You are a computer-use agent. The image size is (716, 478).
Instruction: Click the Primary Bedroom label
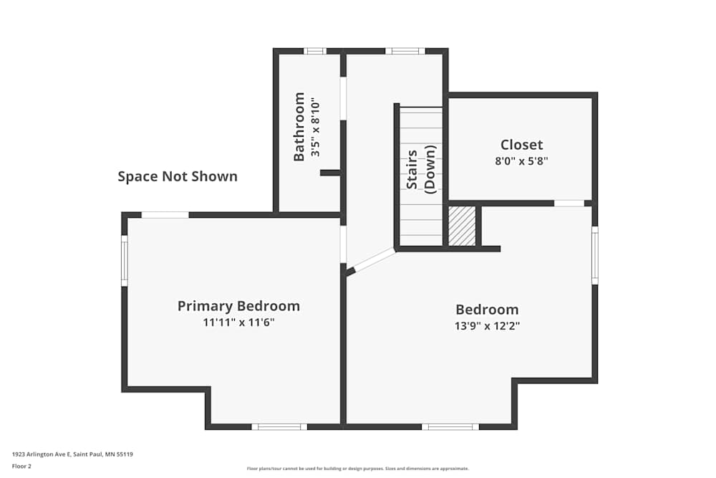pyautogui.click(x=238, y=306)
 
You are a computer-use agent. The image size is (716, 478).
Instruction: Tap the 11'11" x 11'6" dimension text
pyautogui.click(x=238, y=322)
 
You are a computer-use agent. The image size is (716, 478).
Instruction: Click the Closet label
pyautogui.click(x=521, y=145)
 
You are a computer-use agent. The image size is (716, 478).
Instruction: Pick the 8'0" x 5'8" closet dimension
pyautogui.click(x=521, y=161)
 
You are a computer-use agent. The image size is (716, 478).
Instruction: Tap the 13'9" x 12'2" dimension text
pyautogui.click(x=487, y=326)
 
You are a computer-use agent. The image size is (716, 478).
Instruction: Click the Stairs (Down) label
pyautogui.click(x=421, y=169)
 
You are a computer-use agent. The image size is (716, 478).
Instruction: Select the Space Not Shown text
pyautogui.click(x=178, y=176)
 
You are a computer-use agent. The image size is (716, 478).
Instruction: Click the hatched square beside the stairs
pyautogui.click(x=462, y=226)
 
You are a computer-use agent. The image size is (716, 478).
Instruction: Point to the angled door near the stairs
pyautogui.click(x=374, y=260)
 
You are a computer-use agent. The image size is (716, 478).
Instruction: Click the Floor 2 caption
pyautogui.click(x=21, y=466)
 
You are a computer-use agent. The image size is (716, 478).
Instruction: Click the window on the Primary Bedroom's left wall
pyautogui.click(x=124, y=260)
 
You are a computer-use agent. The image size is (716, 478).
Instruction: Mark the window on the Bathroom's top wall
pyautogui.click(x=314, y=51)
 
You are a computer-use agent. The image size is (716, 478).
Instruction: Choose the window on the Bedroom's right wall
pyautogui.click(x=594, y=255)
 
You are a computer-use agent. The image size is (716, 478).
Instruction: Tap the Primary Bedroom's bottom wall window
pyautogui.click(x=279, y=426)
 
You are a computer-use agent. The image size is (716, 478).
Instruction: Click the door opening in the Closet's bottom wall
pyautogui.click(x=569, y=203)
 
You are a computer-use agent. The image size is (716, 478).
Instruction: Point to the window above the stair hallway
pyautogui.click(x=405, y=51)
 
